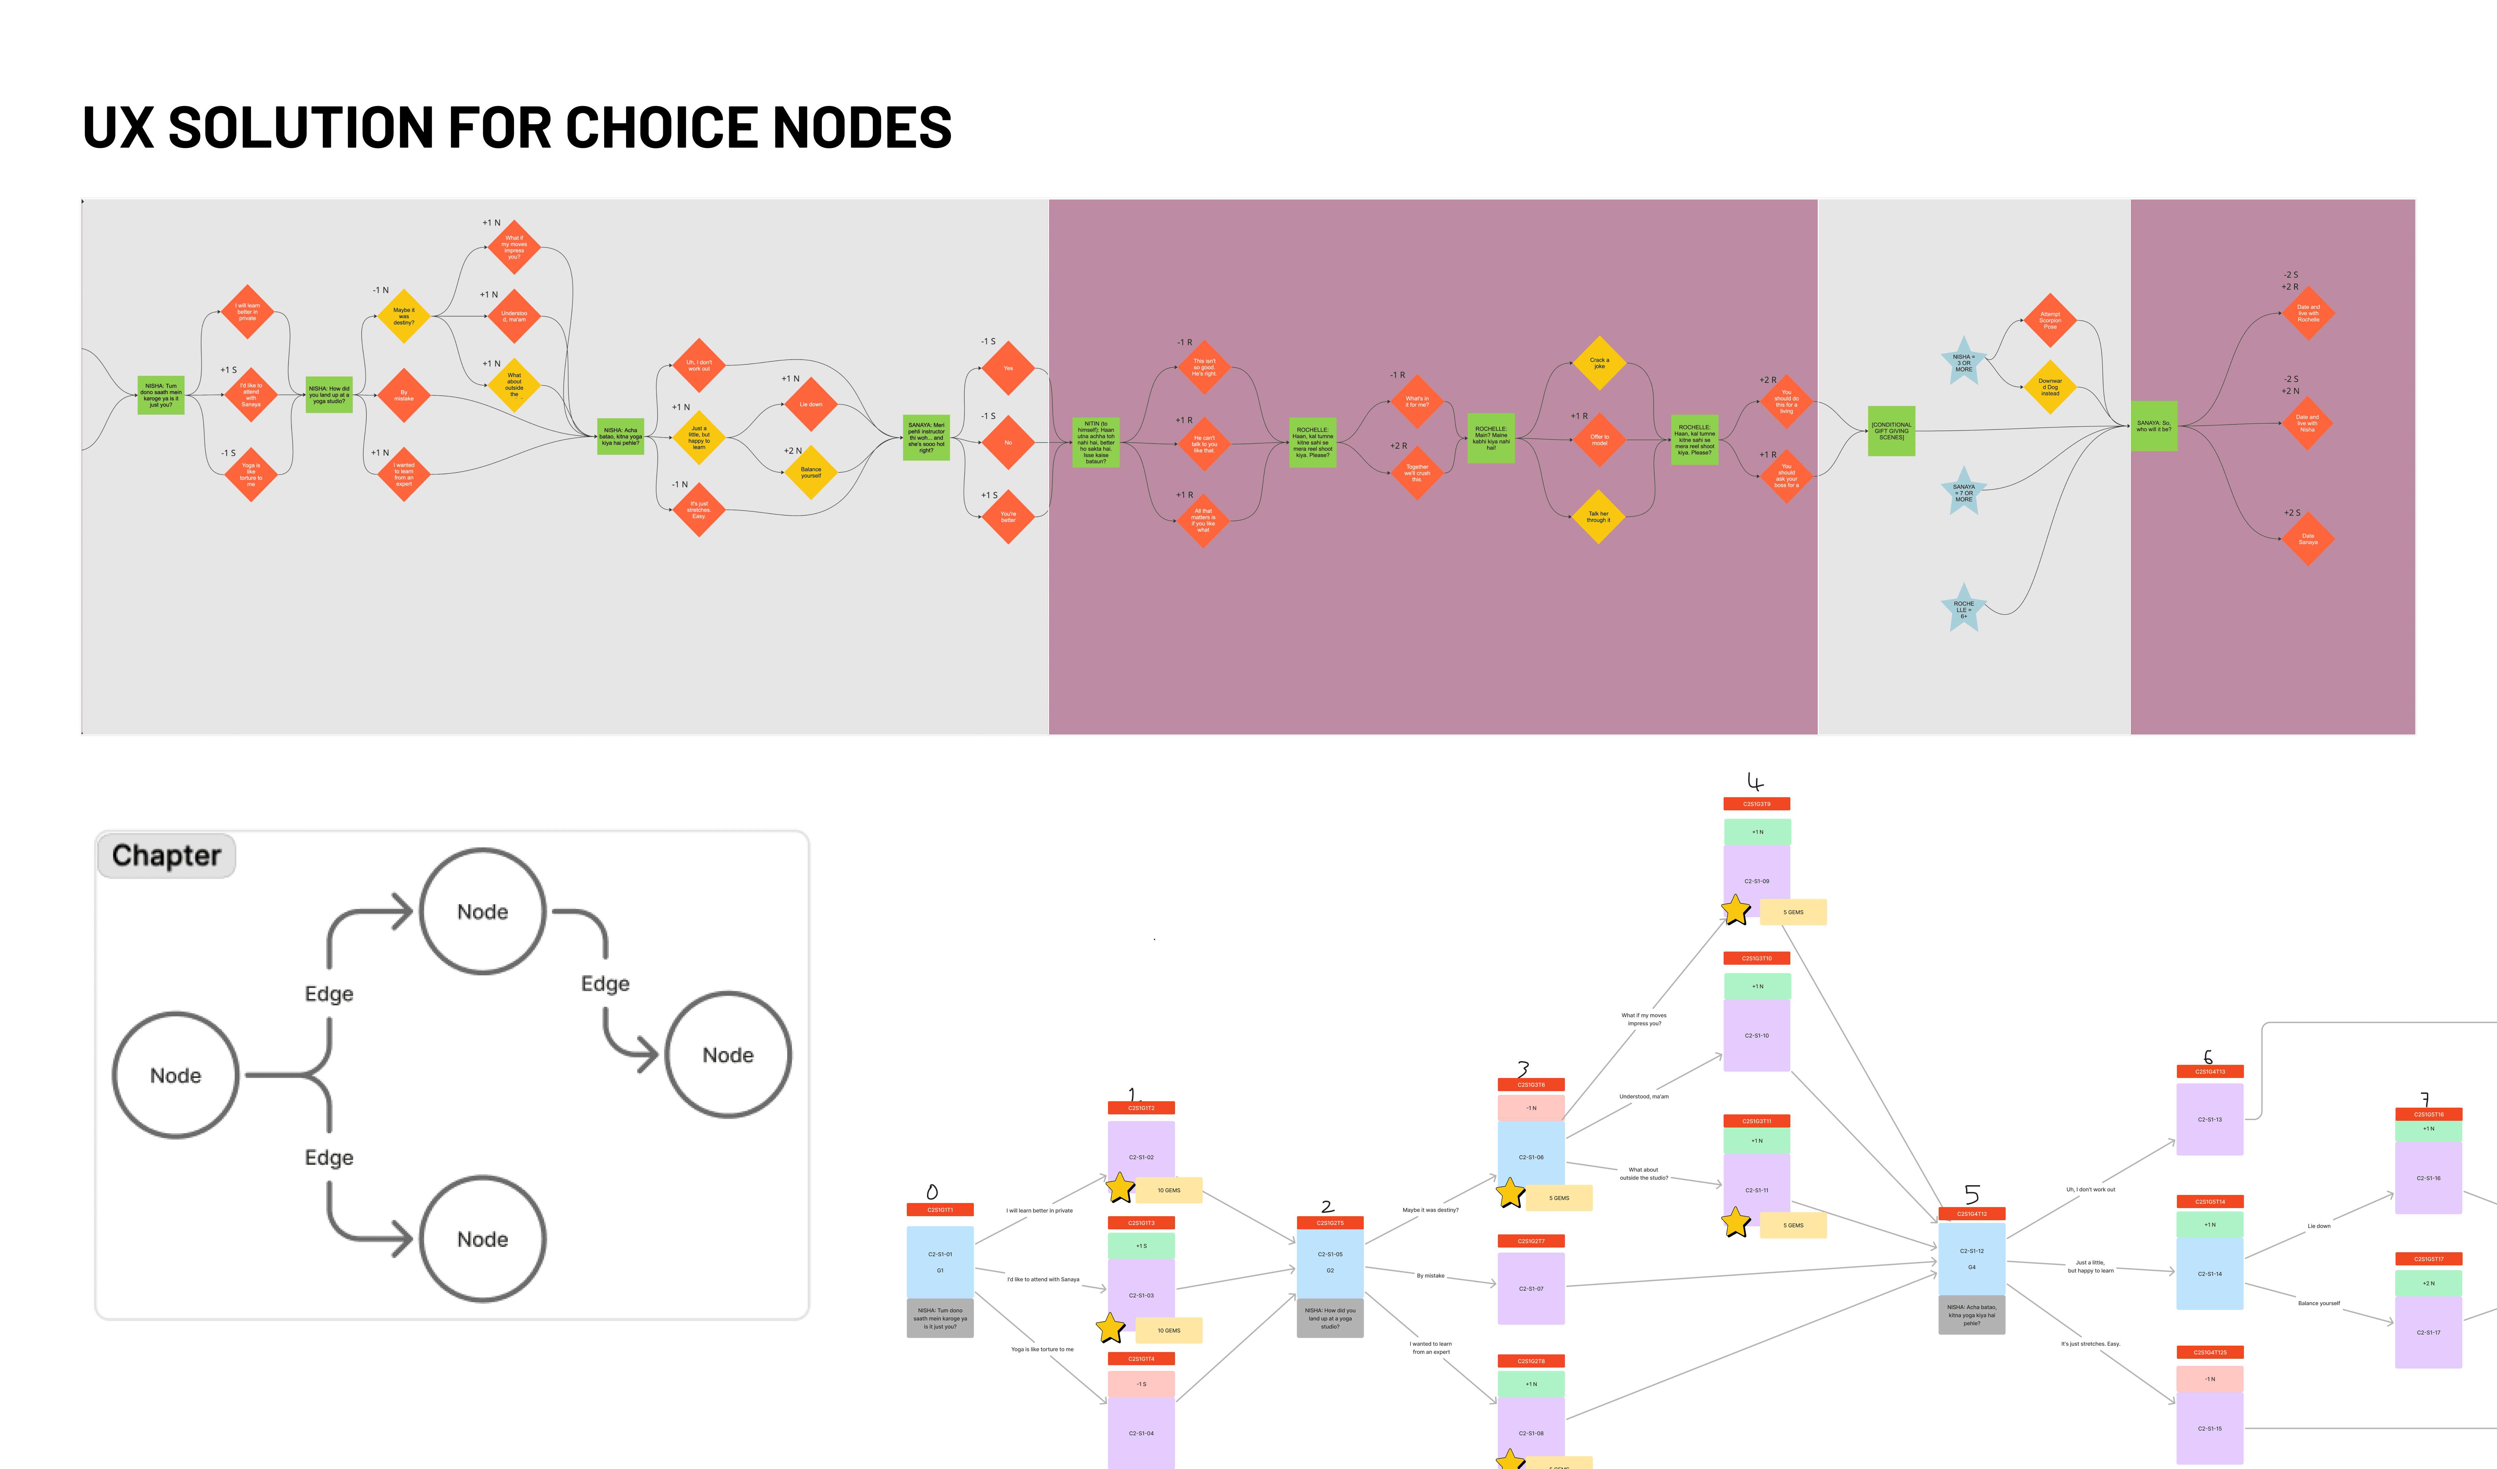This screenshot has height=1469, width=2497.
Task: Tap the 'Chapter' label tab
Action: click(x=166, y=856)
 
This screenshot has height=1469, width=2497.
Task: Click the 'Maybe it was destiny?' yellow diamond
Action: click(x=403, y=316)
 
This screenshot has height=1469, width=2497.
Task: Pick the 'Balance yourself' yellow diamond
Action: click(x=810, y=473)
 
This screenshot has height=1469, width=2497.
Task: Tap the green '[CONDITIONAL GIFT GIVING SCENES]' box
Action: click(x=1890, y=431)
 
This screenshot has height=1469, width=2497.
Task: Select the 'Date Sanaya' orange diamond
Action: click(x=2308, y=539)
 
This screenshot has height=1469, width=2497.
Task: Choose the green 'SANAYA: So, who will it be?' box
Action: click(x=2153, y=426)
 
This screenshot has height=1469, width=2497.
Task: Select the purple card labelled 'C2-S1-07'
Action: click(x=1531, y=1289)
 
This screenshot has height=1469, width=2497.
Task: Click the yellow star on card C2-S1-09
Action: click(x=1736, y=910)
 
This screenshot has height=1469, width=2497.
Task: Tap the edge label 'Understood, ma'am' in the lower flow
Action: click(x=1644, y=1096)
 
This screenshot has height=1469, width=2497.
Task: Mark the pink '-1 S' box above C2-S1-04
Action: click(x=1141, y=1384)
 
